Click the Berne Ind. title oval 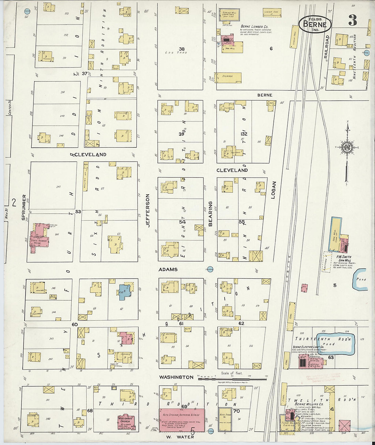[315, 24]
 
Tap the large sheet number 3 [352, 21]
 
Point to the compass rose [347, 147]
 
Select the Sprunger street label [24, 207]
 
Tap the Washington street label [176, 377]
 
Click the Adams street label [168, 269]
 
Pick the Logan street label [273, 190]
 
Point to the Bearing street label [210, 214]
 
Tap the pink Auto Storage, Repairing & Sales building [182, 420]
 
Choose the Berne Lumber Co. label [254, 26]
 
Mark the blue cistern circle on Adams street [210, 269]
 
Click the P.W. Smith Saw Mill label [344, 258]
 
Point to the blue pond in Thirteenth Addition [336, 343]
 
